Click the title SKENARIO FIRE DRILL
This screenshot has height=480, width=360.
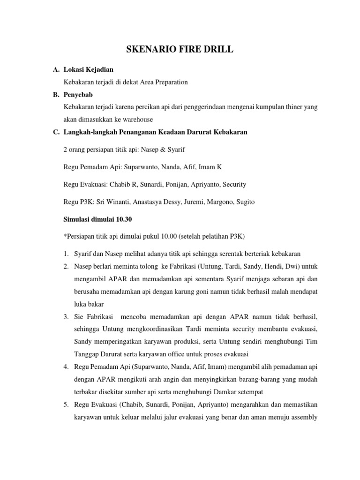pyautogui.click(x=180, y=50)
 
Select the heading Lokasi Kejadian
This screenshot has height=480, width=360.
pyautogui.click(x=88, y=69)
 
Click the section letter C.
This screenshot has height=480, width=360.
pyautogui.click(x=55, y=132)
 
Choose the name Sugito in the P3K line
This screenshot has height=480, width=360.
pyautogui.click(x=244, y=201)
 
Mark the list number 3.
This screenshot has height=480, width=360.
pyautogui.click(x=66, y=316)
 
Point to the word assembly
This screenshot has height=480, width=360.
pyautogui.click(x=304, y=417)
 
